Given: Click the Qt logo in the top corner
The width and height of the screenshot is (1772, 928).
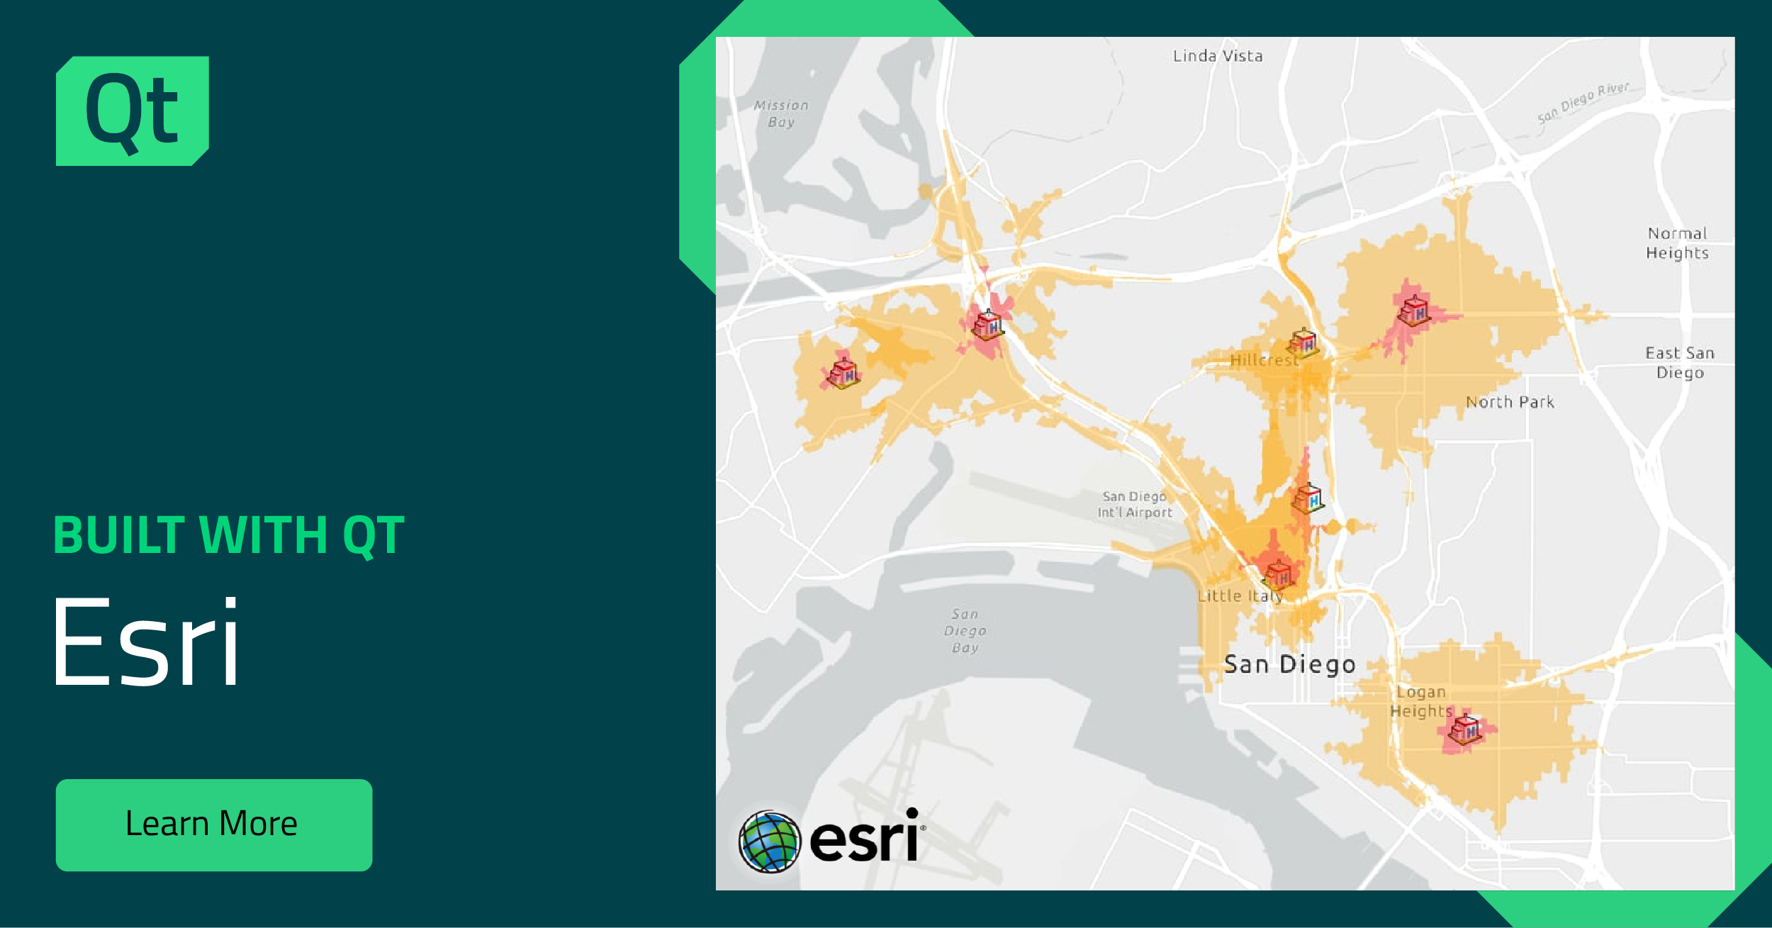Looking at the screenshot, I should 133,111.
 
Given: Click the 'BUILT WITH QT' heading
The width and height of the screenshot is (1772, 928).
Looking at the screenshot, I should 229,535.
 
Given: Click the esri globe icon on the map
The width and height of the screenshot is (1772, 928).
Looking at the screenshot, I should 769,842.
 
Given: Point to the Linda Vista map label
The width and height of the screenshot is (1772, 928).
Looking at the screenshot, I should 1217,56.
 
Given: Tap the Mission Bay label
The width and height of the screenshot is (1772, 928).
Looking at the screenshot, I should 781,113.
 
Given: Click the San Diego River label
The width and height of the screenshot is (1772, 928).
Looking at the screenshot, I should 1583,102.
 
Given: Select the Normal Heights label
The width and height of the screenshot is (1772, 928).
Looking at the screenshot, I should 1677,243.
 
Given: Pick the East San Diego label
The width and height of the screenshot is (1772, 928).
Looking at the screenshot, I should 1680,362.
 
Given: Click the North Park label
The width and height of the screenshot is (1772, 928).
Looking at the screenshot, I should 1510,402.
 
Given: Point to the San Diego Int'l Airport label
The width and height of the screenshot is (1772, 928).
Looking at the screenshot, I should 1135,504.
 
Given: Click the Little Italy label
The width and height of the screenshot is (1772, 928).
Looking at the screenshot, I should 1240,596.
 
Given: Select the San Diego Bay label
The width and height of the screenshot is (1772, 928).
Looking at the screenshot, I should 965,630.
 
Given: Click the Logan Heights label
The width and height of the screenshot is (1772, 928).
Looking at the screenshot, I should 1420,701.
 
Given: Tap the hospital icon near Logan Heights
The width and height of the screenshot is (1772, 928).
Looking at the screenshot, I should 1466,729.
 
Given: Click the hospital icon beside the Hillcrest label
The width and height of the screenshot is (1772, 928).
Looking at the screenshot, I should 1303,343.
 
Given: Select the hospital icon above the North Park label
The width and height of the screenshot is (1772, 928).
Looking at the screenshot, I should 1413,311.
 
